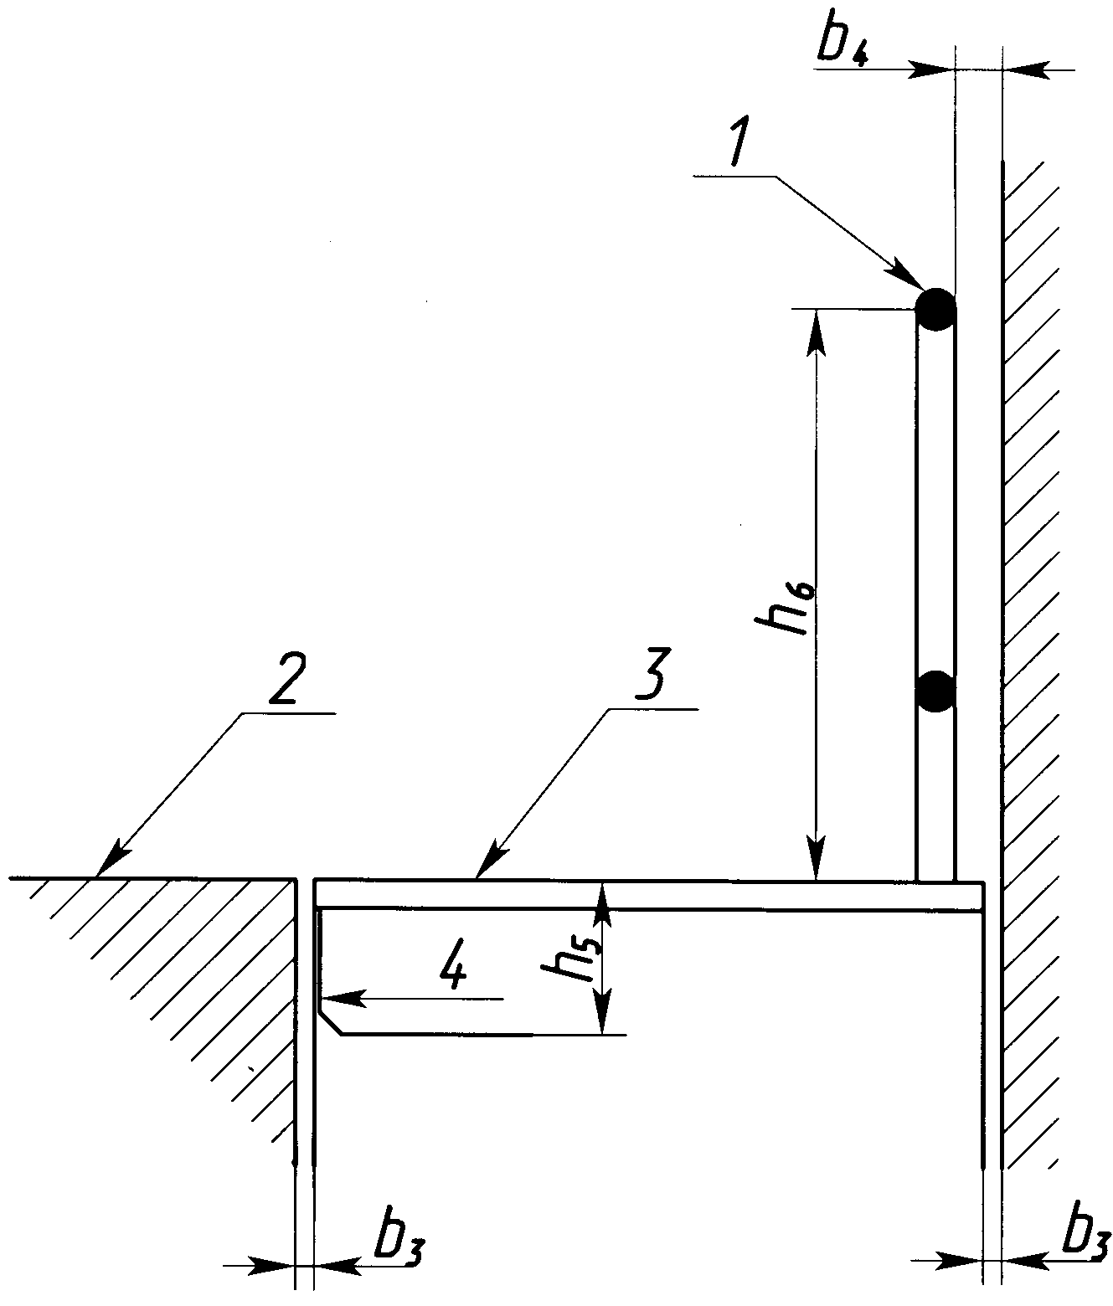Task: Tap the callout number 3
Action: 651,672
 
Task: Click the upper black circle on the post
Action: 935,310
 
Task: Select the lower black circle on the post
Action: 935,692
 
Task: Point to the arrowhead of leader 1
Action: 905,274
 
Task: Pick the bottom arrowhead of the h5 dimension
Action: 604,1012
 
